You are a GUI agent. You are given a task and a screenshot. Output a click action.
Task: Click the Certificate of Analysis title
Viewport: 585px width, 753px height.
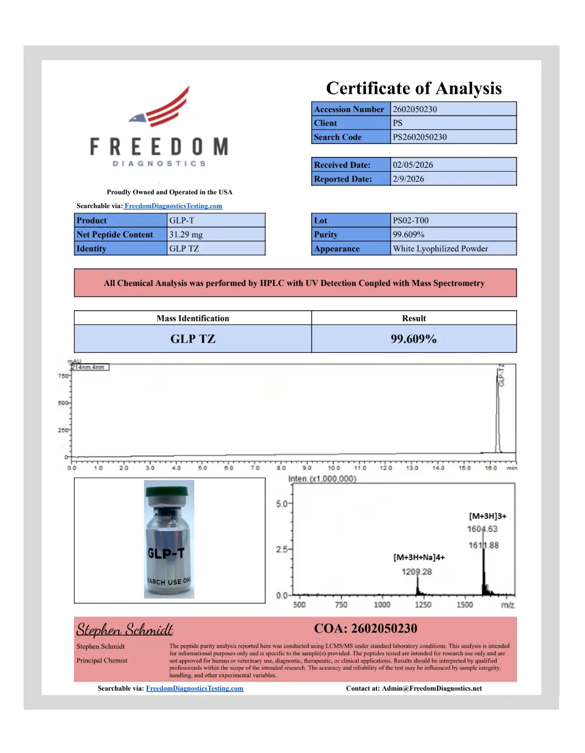click(414, 88)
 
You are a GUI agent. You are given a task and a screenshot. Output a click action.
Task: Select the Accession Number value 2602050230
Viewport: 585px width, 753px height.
click(415, 109)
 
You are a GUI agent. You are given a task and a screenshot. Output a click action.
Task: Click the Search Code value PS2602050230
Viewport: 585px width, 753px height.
click(420, 137)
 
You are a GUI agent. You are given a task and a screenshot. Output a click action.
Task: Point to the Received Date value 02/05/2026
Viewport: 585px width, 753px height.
click(413, 165)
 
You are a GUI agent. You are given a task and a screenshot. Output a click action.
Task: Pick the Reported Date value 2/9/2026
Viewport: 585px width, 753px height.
click(408, 179)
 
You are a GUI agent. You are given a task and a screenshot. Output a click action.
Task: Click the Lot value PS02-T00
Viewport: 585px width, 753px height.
click(411, 220)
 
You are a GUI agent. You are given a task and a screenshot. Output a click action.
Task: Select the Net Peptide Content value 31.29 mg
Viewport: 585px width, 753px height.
click(186, 235)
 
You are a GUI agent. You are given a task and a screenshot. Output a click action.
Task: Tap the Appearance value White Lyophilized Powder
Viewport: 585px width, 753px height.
click(440, 248)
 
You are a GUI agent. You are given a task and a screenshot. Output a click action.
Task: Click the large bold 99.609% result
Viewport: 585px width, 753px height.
click(414, 339)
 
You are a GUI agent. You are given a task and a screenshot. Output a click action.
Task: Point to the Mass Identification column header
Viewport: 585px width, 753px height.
click(193, 319)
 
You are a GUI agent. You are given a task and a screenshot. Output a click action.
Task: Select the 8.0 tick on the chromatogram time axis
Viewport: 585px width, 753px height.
click(281, 468)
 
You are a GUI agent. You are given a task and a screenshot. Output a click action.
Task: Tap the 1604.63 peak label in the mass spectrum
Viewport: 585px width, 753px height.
click(482, 529)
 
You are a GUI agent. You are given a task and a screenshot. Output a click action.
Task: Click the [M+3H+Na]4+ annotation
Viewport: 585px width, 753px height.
click(419, 558)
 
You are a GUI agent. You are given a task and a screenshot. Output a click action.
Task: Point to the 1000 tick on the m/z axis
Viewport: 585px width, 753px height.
click(382, 604)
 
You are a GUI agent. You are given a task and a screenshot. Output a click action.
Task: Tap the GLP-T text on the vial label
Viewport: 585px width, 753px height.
click(166, 553)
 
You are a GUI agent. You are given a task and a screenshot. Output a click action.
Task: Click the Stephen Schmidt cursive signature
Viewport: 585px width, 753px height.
click(125, 630)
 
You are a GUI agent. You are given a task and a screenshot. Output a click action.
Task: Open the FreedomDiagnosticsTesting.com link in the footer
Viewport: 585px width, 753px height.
click(194, 688)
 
